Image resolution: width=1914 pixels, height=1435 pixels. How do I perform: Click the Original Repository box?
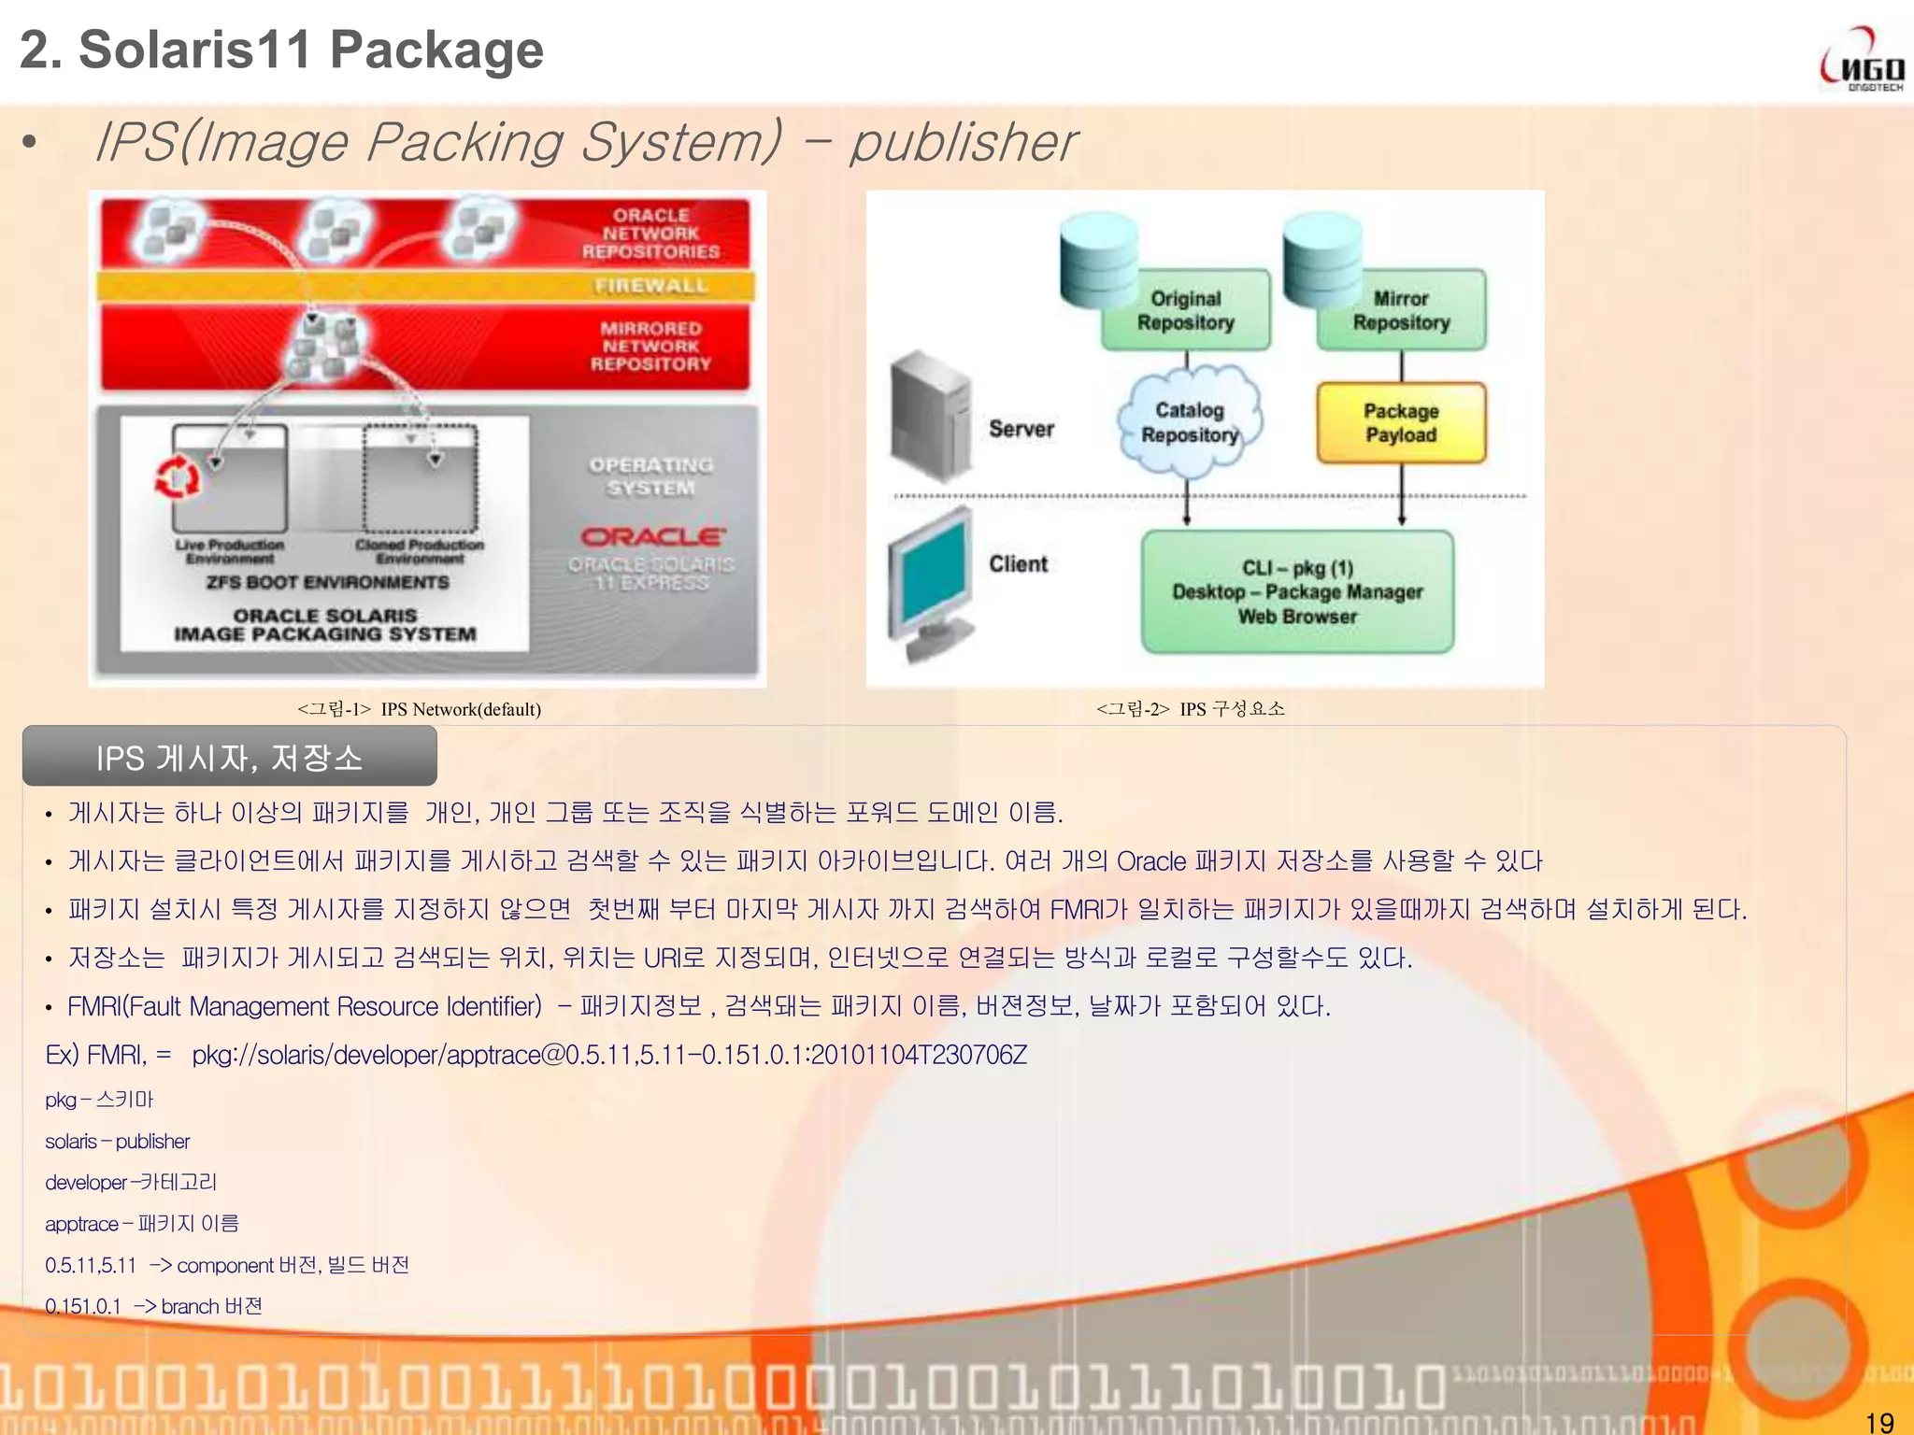click(1185, 311)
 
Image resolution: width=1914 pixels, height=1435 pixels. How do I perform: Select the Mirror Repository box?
click(1401, 311)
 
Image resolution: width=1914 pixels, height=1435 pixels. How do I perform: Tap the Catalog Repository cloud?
click(1189, 422)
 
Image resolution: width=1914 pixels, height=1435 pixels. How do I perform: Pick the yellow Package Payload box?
click(1401, 423)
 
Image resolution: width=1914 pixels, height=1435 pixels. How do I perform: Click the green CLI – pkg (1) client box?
click(1297, 592)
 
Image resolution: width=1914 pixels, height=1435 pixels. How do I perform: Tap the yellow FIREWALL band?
click(426, 286)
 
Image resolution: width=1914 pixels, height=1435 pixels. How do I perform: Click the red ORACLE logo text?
click(652, 536)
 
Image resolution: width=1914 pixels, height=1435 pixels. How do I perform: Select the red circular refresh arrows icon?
click(177, 479)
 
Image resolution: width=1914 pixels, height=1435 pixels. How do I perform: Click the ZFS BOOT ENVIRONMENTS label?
click(327, 582)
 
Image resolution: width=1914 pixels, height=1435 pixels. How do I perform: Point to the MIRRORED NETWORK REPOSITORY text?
click(650, 346)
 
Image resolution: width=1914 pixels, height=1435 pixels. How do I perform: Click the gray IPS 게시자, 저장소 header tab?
click(229, 757)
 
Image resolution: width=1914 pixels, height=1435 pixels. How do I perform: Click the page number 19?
click(1878, 1422)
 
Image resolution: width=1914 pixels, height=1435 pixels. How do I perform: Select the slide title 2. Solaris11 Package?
click(281, 50)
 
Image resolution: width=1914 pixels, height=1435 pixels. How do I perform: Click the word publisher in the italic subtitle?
click(963, 142)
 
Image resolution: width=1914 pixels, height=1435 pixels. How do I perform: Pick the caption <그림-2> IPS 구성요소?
click(1190, 709)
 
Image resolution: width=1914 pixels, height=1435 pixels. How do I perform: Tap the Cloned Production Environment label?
click(420, 551)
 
